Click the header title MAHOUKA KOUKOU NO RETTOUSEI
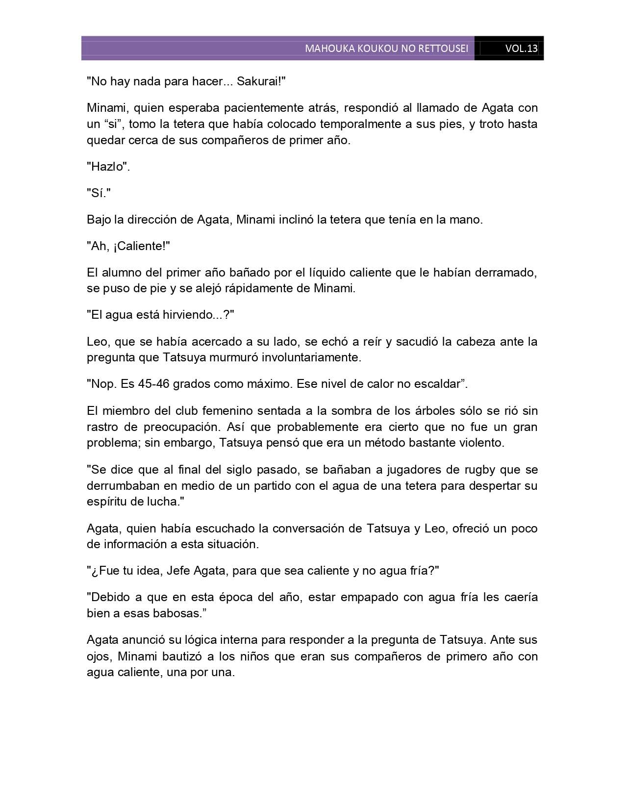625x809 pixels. [x=386, y=49]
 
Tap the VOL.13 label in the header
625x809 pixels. [x=521, y=49]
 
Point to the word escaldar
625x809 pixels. [x=435, y=384]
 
